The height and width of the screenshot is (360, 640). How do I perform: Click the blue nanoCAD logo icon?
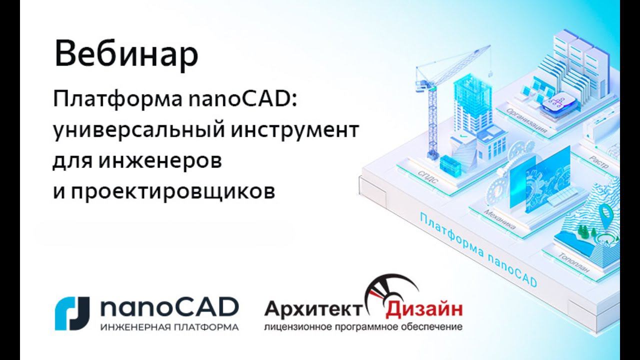click(x=72, y=313)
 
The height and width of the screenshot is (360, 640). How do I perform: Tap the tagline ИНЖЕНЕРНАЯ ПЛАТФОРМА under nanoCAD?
click(x=169, y=328)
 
